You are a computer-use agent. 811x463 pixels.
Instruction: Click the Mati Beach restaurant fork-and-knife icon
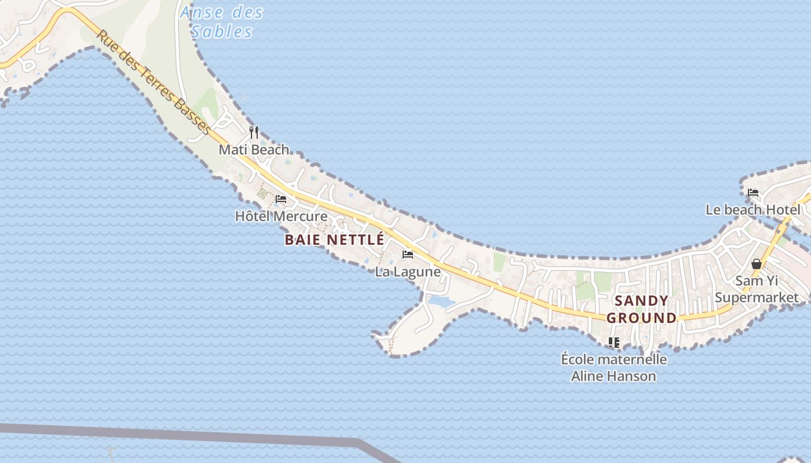click(x=254, y=133)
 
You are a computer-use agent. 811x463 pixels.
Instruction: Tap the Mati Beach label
click(x=254, y=149)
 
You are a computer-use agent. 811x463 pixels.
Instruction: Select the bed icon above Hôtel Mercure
click(x=281, y=199)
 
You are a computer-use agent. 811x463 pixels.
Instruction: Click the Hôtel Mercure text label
click(x=281, y=216)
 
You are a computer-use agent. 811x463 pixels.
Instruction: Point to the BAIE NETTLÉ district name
click(x=334, y=240)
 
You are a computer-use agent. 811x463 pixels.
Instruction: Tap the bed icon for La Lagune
click(x=408, y=255)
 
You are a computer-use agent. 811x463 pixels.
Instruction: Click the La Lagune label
click(x=408, y=271)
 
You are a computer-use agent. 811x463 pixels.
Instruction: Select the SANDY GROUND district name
click(x=641, y=309)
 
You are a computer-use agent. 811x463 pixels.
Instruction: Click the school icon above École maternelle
click(x=614, y=343)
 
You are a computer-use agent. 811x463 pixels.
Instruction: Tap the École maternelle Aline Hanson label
click(x=614, y=368)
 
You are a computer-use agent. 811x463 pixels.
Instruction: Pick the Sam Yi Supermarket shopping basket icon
click(x=756, y=264)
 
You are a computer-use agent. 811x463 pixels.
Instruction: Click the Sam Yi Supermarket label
click(x=756, y=289)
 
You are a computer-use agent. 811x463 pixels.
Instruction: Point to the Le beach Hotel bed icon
click(x=753, y=193)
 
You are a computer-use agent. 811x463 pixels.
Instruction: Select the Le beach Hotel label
click(x=753, y=210)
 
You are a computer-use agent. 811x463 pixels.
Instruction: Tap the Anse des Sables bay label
click(x=222, y=21)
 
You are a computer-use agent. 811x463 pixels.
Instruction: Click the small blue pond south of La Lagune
click(x=441, y=302)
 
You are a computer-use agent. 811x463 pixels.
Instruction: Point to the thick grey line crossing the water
click(x=174, y=433)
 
